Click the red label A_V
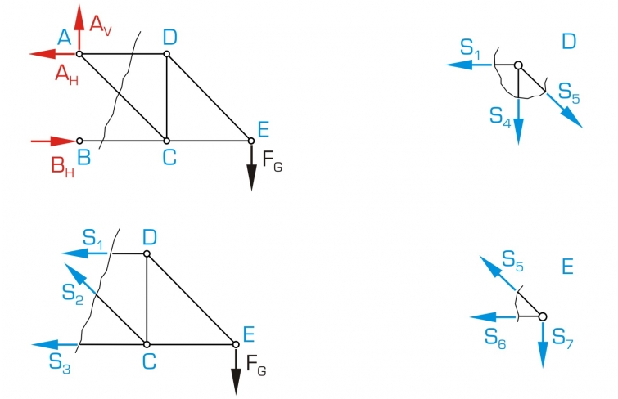tap(101, 26)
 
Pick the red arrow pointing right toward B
tap(52, 141)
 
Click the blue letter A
tap(64, 36)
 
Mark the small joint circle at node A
tap(79, 54)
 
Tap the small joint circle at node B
tap(79, 141)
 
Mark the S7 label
tap(564, 337)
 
